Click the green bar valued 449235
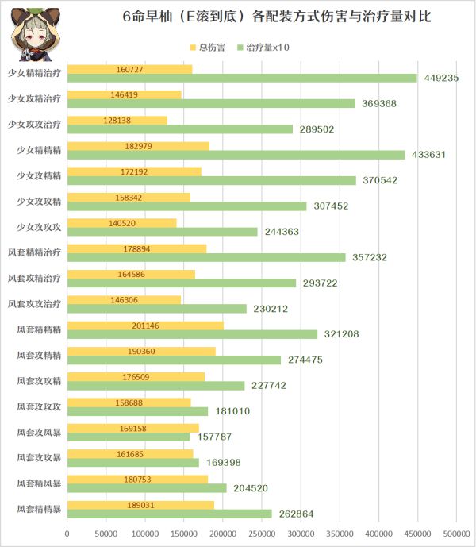click(242, 78)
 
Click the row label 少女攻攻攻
click(40, 227)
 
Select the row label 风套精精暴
click(40, 509)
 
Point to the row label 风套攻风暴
click(40, 433)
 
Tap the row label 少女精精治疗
click(35, 73)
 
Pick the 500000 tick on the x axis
click(456, 534)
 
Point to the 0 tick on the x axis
click(67, 534)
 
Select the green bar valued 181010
click(137, 411)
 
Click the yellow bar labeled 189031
click(140, 505)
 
